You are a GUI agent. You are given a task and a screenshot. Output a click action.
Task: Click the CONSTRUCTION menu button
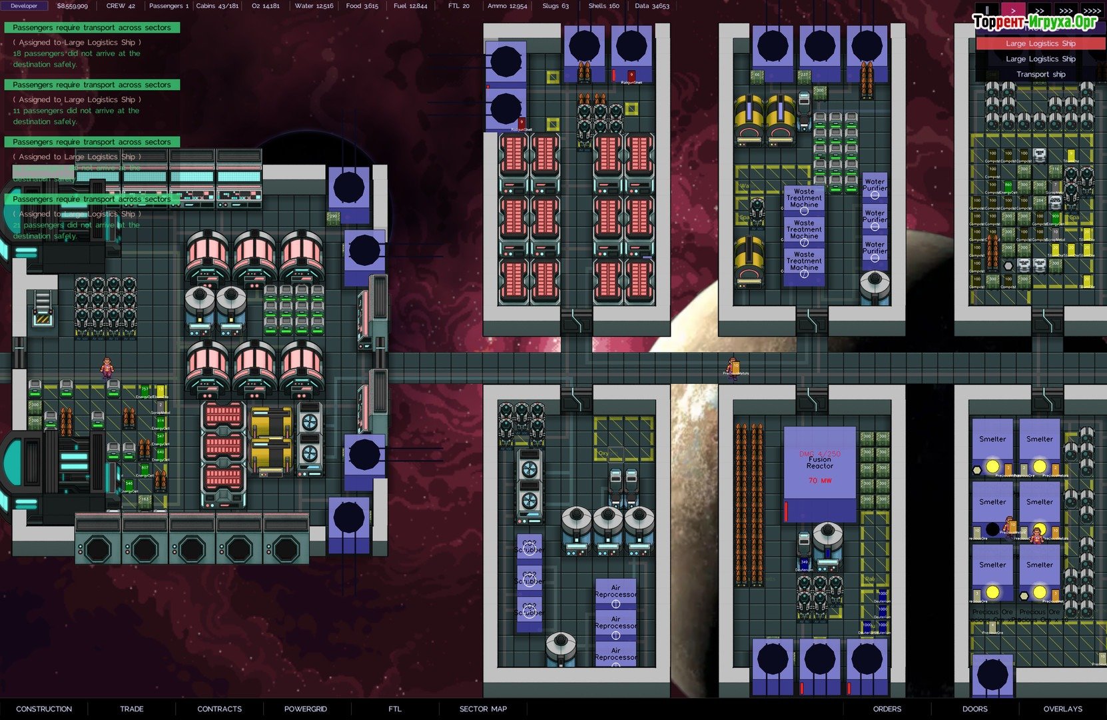click(x=44, y=709)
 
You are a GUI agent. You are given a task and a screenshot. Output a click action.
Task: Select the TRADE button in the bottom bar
click(x=132, y=709)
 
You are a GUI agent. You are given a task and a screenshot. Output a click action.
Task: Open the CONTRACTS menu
click(x=219, y=709)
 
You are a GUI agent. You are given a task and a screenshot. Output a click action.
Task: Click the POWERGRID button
click(x=306, y=709)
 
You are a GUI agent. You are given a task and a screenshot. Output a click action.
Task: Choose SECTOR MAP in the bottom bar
click(x=483, y=709)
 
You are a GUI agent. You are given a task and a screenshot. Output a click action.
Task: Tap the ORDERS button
click(x=887, y=709)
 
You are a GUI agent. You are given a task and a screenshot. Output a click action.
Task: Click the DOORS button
click(x=975, y=709)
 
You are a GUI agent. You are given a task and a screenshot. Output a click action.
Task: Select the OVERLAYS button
click(x=1063, y=709)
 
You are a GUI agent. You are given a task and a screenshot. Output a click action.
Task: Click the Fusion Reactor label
click(x=820, y=463)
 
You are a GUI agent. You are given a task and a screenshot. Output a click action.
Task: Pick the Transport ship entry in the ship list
click(x=1040, y=75)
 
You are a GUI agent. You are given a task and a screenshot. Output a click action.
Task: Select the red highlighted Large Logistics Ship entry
click(x=1040, y=43)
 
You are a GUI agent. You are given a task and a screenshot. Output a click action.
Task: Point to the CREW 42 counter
click(x=121, y=6)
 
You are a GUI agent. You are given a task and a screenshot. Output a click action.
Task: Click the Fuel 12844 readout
click(x=410, y=6)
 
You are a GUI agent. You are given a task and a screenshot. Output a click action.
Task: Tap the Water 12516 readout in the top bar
click(x=314, y=6)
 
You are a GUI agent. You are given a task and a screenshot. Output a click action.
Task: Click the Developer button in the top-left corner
click(x=24, y=6)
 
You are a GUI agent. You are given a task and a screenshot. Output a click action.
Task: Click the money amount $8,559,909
click(x=72, y=6)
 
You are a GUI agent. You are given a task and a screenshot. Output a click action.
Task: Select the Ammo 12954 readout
click(x=507, y=6)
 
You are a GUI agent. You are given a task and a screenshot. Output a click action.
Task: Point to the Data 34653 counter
click(x=651, y=6)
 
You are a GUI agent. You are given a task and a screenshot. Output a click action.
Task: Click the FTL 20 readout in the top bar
click(x=458, y=6)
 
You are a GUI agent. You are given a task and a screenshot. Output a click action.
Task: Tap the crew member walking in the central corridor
click(x=733, y=367)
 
